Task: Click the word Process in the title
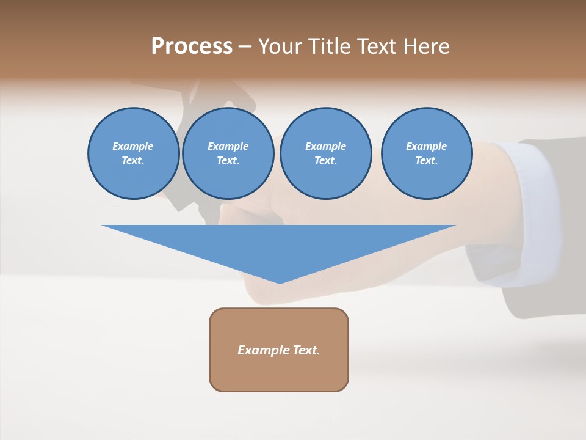tap(192, 46)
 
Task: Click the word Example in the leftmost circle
tap(132, 146)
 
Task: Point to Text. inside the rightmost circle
tap(426, 160)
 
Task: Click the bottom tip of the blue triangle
tap(280, 282)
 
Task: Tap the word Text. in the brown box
tap(306, 350)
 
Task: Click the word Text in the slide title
tap(376, 46)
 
